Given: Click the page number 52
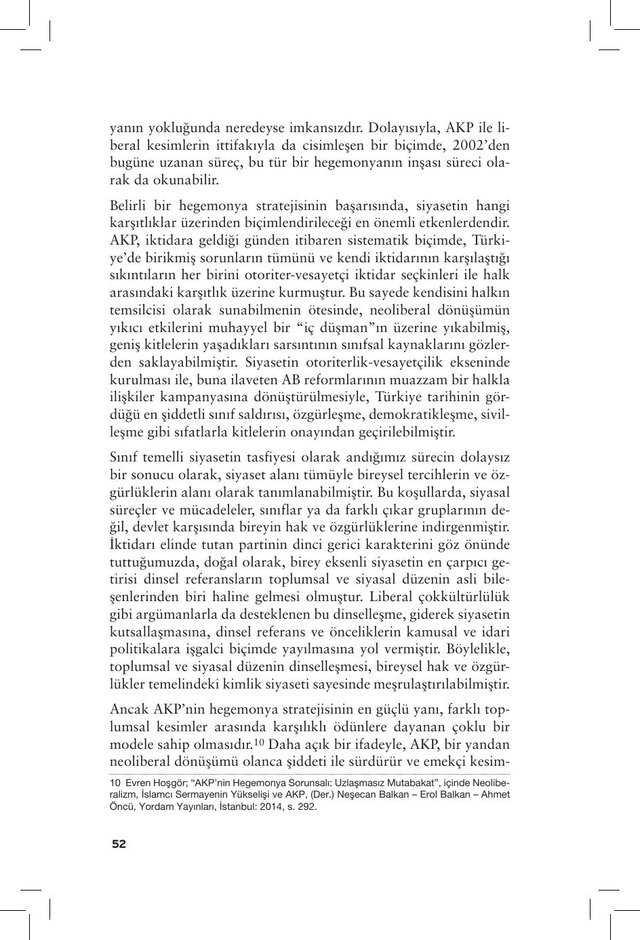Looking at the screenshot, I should coord(119,844).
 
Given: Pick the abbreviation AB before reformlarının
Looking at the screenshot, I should coord(308,380).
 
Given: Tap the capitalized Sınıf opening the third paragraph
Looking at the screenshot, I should coord(125,457).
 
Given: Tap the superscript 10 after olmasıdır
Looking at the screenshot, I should coord(259,741).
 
